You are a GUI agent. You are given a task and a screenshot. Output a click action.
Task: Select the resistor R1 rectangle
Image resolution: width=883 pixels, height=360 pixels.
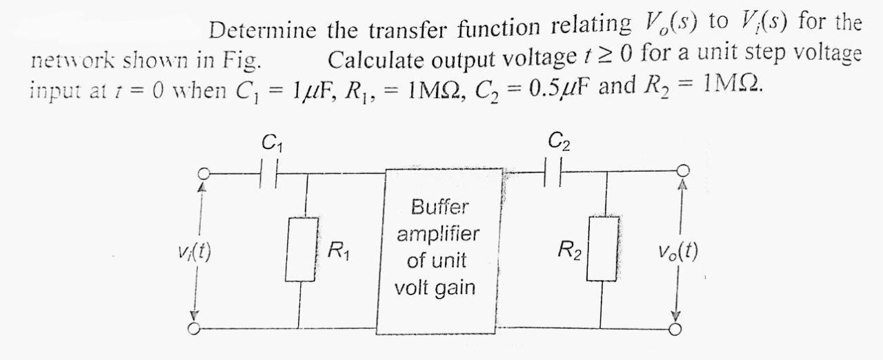pyautogui.click(x=301, y=250)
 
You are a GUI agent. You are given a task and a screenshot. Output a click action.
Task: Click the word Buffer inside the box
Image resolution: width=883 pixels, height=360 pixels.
pyautogui.click(x=439, y=206)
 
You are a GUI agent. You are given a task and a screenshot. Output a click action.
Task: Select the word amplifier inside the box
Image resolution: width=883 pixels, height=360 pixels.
pyautogui.click(x=438, y=234)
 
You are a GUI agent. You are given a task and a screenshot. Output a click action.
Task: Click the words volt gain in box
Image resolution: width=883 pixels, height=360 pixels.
pyautogui.click(x=435, y=288)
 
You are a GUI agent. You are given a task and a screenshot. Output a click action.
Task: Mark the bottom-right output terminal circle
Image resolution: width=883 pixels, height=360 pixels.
pyautogui.click(x=679, y=328)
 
